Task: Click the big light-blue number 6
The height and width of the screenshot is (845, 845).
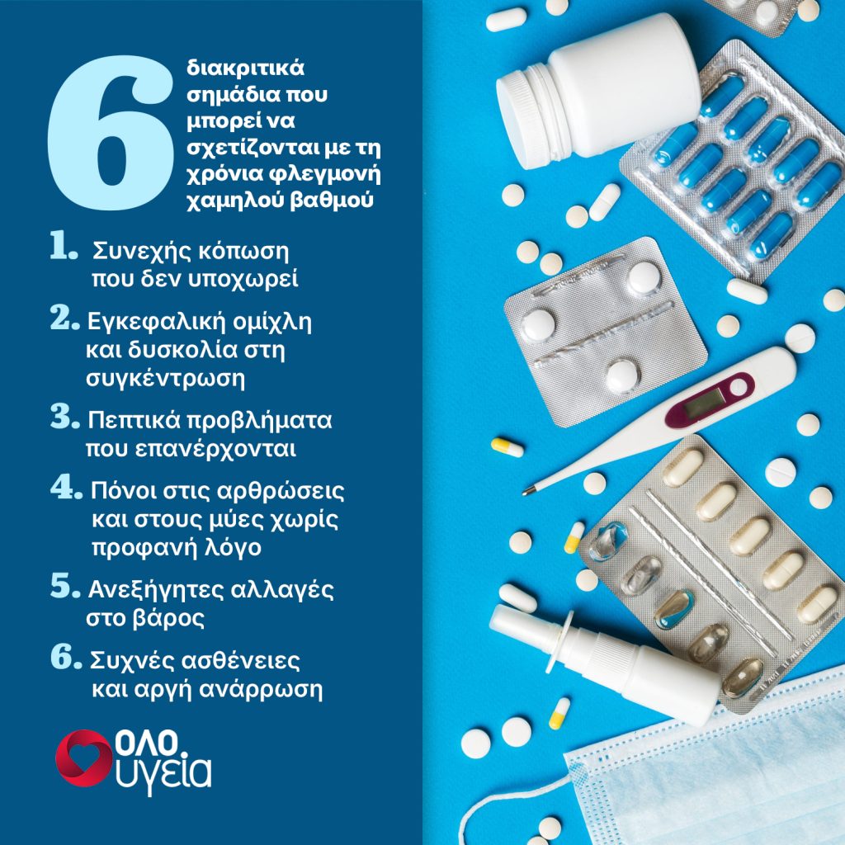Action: [x=111, y=132]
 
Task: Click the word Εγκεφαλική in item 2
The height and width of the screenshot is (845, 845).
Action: [x=154, y=323]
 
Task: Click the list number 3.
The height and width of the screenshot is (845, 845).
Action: [x=64, y=417]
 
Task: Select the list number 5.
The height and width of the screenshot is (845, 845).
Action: [x=64, y=586]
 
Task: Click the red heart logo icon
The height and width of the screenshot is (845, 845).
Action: [x=83, y=758]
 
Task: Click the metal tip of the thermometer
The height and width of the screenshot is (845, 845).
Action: [x=528, y=491]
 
